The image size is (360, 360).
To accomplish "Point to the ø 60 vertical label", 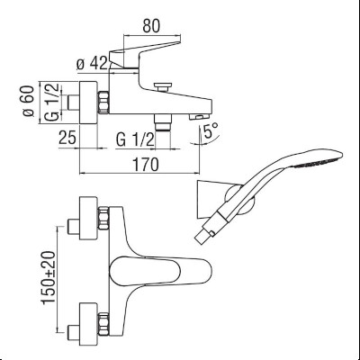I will (x=28, y=102).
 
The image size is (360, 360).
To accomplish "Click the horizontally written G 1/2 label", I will (x=133, y=140).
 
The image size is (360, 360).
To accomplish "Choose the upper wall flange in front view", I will (x=90, y=216).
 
